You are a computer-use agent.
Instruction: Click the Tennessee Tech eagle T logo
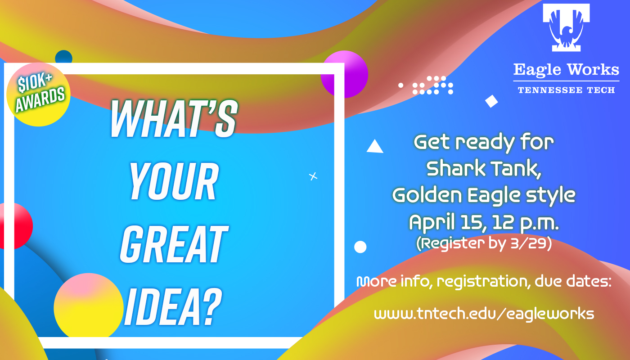pos(566,27)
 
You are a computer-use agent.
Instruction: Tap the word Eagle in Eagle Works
pos(537,70)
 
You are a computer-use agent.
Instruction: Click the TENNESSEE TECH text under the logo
pos(566,90)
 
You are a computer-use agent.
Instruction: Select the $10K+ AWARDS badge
pos(39,94)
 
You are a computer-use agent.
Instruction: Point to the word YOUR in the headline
pos(174,181)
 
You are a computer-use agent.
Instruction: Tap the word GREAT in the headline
pos(174,244)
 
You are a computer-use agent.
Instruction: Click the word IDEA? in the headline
pos(173,306)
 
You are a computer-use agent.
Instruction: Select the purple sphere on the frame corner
pos(345,74)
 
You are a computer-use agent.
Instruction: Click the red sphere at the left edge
pos(15,226)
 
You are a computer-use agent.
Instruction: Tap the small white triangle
pos(375,147)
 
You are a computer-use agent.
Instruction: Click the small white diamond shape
pos(491,101)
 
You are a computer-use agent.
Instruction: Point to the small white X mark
pos(313,176)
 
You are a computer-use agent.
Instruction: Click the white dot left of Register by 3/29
pos(360,247)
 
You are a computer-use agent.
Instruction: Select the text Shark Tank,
pos(484,169)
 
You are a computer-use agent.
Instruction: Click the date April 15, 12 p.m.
pos(484,223)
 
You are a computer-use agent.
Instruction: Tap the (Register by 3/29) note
pos(484,243)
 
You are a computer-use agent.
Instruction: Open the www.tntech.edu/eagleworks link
pos(484,314)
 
